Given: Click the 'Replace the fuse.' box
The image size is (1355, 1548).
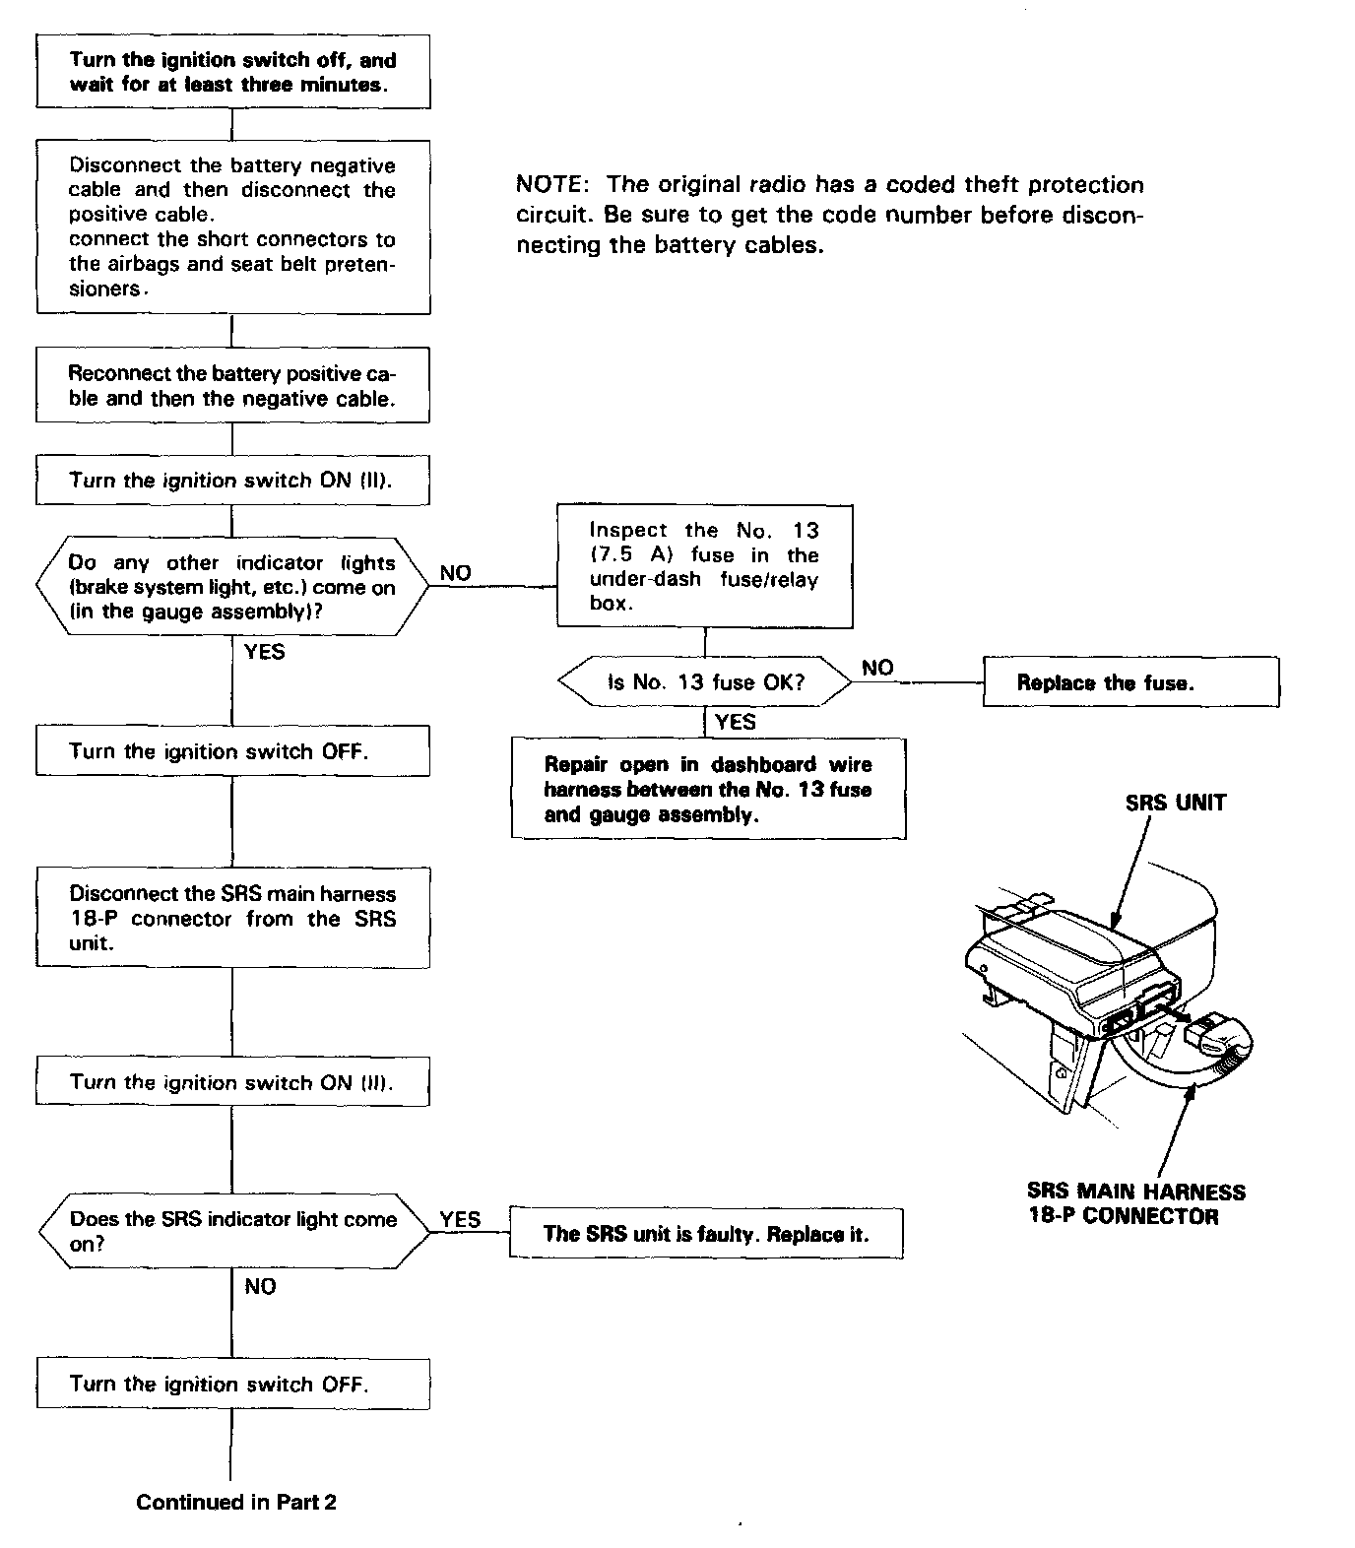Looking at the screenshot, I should coord(1130,682).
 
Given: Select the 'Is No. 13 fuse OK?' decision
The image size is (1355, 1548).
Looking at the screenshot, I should coord(705,682).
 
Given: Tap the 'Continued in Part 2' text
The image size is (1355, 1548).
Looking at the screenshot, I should coord(236,1502).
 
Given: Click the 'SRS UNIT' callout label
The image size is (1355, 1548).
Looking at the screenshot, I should coord(1176,803).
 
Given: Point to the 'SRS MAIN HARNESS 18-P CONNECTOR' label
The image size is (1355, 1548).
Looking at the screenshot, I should coord(1135,1203).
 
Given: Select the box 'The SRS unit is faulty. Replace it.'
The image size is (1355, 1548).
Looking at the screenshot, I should coord(705,1234).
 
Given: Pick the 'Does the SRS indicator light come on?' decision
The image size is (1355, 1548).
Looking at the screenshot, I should coord(233,1231).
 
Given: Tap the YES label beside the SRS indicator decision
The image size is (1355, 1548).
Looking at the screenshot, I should coord(460,1219).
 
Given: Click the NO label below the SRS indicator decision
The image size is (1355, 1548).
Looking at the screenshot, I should coord(260,1286).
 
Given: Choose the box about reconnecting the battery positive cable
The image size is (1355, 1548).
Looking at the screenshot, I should coord(232,386).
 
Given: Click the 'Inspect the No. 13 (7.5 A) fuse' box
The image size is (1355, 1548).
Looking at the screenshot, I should coord(704,566).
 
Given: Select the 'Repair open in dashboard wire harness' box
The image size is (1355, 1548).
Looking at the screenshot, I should coord(708,789).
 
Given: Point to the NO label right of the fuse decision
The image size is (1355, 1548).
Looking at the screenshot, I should coord(877,668).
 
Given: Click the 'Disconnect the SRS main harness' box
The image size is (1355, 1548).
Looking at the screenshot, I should coord(232,918).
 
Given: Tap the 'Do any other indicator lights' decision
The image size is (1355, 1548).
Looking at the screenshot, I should coord(232,587).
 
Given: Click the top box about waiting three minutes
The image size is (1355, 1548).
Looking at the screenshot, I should coord(232,72).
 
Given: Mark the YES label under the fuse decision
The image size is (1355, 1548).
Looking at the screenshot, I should coord(735,722).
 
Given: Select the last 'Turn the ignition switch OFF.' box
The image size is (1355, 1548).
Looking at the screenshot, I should coord(232,1384).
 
